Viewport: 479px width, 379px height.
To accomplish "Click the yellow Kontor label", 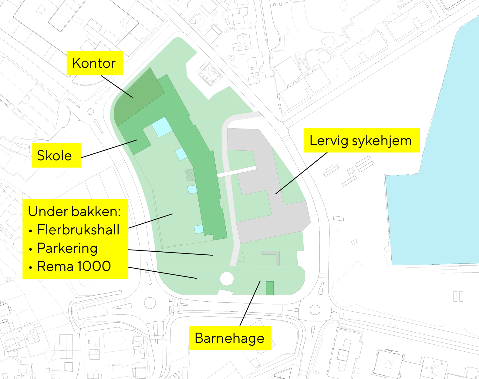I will (94, 63).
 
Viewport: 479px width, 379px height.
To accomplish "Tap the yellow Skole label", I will (55, 156).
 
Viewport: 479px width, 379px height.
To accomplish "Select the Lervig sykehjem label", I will (361, 140).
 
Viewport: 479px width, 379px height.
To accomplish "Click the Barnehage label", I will (230, 338).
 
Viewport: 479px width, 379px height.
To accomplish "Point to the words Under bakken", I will (74, 211).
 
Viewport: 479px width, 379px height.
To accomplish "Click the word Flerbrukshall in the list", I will (78, 230).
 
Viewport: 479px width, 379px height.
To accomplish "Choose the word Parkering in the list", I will (67, 248).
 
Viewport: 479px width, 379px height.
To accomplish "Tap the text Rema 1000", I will (74, 267).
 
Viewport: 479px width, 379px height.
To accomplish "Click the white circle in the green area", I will (227, 279).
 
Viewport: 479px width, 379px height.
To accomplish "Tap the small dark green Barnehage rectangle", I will (270, 288).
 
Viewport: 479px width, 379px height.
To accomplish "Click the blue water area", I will (440, 152).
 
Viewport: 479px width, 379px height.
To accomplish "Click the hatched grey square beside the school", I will (190, 175).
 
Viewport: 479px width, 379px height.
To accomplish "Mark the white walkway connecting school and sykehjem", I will (237, 172).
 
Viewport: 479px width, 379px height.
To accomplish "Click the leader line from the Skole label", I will (109, 149).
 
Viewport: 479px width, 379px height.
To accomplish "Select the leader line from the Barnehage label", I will (250, 303).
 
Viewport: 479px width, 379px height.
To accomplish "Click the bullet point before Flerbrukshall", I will (31, 231).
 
